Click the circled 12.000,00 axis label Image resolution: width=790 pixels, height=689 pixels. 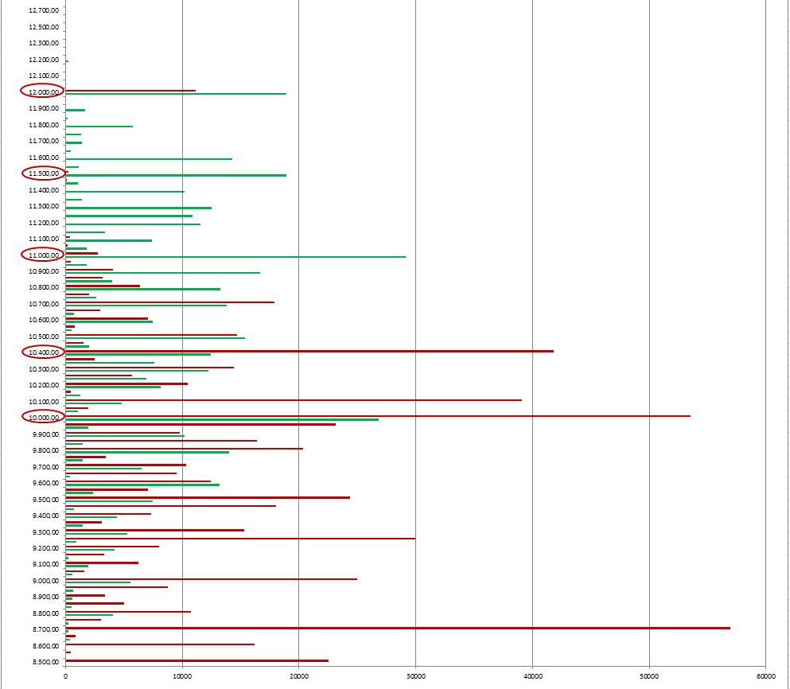[43, 91]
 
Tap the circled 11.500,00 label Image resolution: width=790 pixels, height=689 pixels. [43, 173]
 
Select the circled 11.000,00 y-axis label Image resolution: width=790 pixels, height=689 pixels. [43, 255]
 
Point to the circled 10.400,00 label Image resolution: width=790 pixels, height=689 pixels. [43, 352]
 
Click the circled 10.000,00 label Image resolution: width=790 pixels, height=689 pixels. [43, 418]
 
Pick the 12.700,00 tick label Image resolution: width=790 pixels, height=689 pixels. [43, 10]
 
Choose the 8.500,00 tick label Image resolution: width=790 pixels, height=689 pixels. [43, 662]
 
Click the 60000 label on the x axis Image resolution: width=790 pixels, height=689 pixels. [765, 676]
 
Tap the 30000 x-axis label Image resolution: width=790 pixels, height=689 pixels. [415, 676]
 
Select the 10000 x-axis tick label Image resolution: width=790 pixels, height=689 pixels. [182, 676]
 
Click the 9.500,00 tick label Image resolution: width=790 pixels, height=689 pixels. [43, 499]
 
